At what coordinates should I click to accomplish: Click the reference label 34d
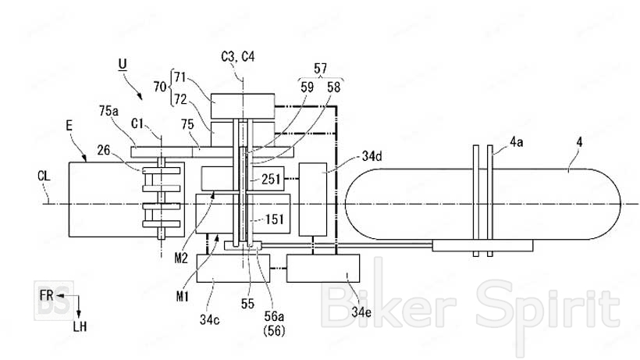click(x=372, y=156)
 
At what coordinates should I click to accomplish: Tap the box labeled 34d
click(x=313, y=199)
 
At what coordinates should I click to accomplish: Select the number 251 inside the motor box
click(x=271, y=179)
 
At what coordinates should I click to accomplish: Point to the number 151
click(x=274, y=219)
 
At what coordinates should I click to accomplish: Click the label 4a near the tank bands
click(x=517, y=142)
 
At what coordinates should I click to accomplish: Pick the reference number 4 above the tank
click(x=579, y=142)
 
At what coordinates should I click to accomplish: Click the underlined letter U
click(x=122, y=65)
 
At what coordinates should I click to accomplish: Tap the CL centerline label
click(x=44, y=176)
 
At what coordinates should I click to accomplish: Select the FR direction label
click(x=47, y=294)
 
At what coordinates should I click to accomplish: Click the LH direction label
click(x=80, y=326)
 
